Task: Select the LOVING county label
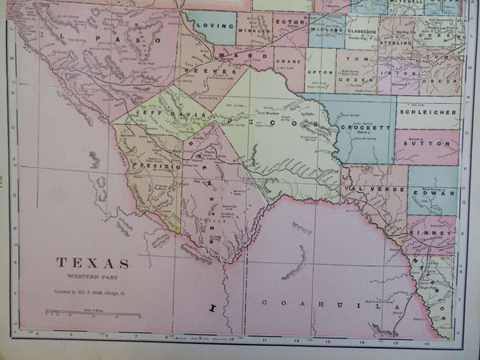tap(214, 26)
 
